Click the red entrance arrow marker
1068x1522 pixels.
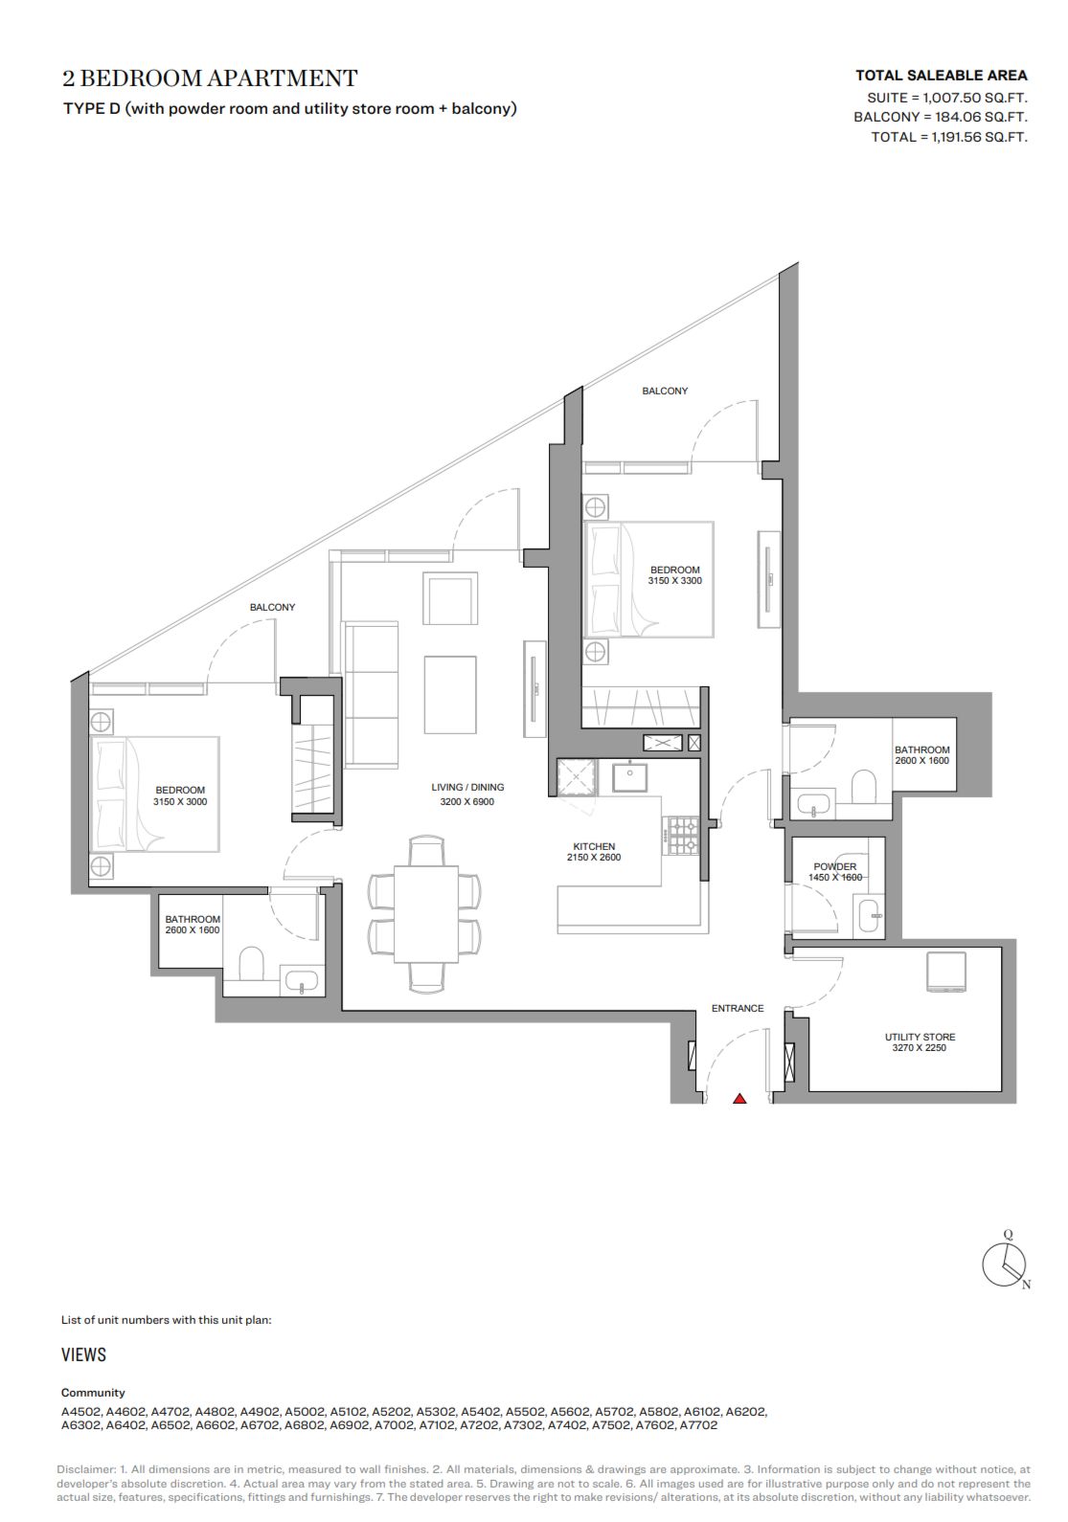click(739, 1098)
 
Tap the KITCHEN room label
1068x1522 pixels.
click(594, 846)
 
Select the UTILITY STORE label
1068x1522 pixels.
click(920, 1037)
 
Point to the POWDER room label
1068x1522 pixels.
click(835, 866)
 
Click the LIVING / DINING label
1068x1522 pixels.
click(467, 787)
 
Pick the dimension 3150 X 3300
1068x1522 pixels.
click(674, 581)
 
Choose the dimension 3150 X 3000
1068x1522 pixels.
click(180, 802)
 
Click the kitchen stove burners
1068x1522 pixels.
click(680, 835)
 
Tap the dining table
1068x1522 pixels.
click(426, 914)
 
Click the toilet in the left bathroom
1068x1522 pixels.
click(252, 964)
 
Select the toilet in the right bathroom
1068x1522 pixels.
click(864, 785)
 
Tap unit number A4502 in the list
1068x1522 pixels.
click(81, 1411)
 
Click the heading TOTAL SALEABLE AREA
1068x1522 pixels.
click(941, 76)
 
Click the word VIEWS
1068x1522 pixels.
click(83, 1354)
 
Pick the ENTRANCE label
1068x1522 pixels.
click(738, 1008)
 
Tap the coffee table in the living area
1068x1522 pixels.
click(450, 694)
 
